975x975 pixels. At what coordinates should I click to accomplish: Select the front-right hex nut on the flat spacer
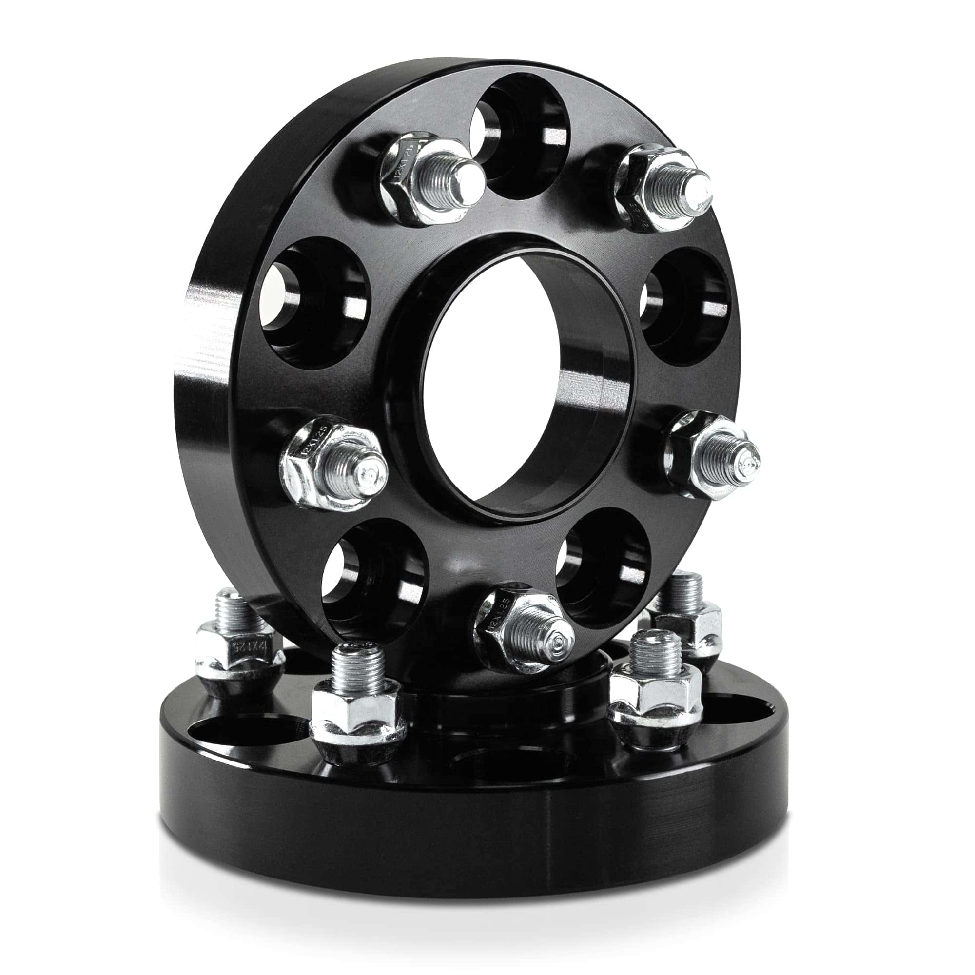[x=656, y=691]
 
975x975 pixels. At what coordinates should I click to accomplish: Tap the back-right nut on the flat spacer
[x=691, y=626]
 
